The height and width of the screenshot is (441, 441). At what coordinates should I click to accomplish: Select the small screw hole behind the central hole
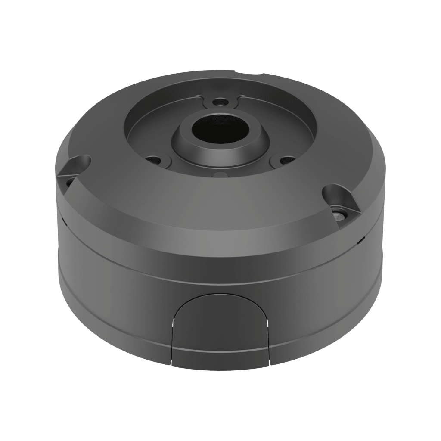pos(220,102)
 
